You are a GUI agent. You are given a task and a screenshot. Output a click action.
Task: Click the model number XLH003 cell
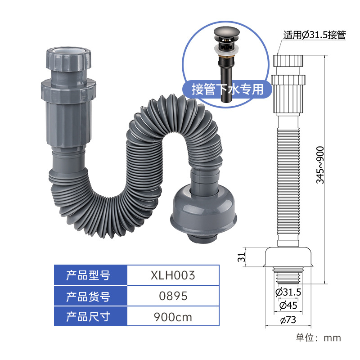(173, 275)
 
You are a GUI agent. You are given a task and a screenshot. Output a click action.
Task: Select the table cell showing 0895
(173, 296)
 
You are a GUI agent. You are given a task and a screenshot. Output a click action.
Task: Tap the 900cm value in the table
(173, 317)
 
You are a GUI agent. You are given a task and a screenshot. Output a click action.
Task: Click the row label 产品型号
(88, 275)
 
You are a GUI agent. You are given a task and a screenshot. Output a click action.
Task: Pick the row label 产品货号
(88, 296)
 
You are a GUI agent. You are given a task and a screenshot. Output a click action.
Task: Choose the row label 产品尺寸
(88, 317)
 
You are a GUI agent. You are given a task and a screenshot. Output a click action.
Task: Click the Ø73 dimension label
(288, 320)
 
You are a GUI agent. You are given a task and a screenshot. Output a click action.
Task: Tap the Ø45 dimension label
(288, 306)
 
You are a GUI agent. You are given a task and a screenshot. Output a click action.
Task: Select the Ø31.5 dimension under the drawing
(288, 292)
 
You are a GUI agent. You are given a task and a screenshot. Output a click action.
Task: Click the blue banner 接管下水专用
(227, 89)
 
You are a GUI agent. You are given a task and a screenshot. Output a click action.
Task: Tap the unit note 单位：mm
(318, 337)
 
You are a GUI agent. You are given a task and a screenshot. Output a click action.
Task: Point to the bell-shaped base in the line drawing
(288, 256)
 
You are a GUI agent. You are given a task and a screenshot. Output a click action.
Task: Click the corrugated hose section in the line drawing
(288, 180)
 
